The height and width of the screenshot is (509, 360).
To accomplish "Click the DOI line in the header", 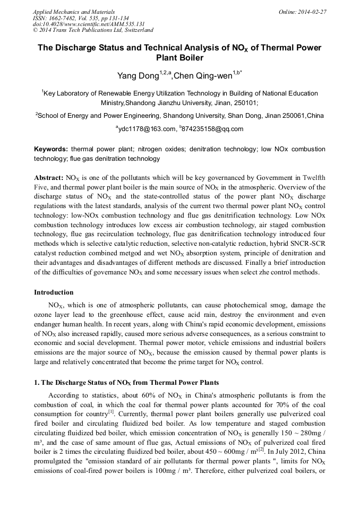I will (89, 24).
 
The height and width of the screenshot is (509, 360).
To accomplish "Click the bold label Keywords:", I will (51, 150).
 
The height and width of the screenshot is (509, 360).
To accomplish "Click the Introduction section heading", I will (54, 292).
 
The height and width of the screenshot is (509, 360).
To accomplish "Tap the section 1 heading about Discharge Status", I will (126, 383).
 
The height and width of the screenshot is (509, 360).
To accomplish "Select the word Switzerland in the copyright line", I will (136, 30).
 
